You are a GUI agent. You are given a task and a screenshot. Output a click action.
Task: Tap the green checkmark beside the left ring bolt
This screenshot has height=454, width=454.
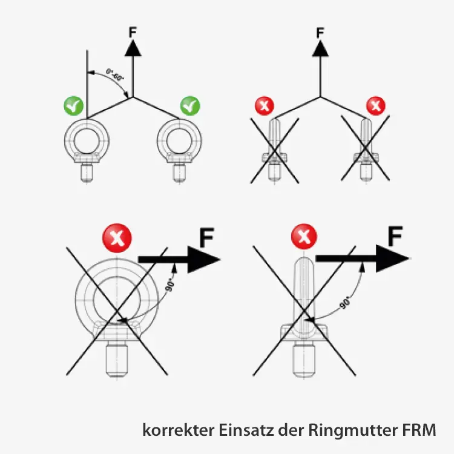[x=73, y=106]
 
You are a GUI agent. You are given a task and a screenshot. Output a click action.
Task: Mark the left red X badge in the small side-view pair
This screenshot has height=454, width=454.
[x=264, y=107]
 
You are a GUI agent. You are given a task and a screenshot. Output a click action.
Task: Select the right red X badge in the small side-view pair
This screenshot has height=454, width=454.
[x=376, y=107]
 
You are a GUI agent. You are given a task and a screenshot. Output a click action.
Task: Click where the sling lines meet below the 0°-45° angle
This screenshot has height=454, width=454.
[x=133, y=97]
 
